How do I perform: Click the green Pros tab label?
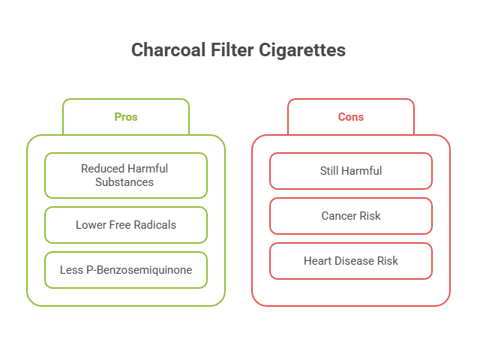tap(126, 117)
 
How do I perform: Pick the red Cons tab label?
tap(351, 117)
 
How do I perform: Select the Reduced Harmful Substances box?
tap(126, 175)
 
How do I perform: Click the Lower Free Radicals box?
tap(126, 225)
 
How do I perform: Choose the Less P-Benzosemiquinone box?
tap(126, 270)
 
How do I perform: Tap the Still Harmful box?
tap(351, 171)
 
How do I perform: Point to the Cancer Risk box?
tap(351, 216)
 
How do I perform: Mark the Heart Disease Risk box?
tap(351, 261)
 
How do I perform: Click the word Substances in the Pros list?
tap(124, 182)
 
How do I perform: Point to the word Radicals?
tap(155, 225)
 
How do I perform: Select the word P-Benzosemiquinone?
tap(139, 270)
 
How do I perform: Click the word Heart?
tap(316, 261)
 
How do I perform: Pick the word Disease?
tap(352, 261)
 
